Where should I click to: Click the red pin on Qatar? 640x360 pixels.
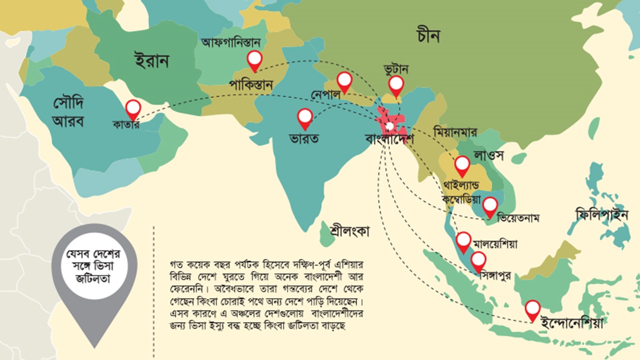[x=133, y=108]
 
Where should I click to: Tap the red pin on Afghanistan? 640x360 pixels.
[x=255, y=60]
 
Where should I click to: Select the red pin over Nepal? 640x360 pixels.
[x=344, y=81]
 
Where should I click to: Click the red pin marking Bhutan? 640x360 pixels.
[x=396, y=85]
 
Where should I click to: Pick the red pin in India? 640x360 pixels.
[x=305, y=118]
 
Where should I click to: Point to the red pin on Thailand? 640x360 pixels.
[x=462, y=165]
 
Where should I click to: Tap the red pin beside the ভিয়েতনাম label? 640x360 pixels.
[x=490, y=205]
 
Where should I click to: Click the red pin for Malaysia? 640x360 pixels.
[x=463, y=241]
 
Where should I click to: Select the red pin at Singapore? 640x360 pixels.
[x=478, y=260]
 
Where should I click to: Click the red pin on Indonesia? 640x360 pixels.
[x=533, y=309]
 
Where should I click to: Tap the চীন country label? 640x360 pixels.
[x=428, y=36]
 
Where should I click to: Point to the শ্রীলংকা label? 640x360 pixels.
[x=350, y=231]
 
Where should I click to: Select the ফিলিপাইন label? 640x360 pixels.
[x=601, y=215]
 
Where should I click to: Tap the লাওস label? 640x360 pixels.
[x=489, y=154]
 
